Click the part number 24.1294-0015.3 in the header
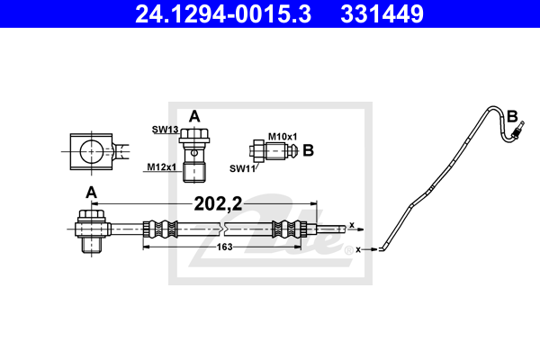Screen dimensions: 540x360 tap(223, 14)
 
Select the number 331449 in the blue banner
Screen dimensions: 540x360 tap(382, 14)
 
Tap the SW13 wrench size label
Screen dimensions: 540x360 tap(166, 130)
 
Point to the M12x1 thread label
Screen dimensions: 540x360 tap(161, 167)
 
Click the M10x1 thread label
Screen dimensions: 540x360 tap(283, 137)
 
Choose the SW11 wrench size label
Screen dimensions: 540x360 tap(242, 168)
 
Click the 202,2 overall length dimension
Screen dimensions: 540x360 tap(218, 203)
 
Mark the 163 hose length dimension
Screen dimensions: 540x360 tap(224, 247)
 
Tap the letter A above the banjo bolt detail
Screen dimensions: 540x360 tap(194, 117)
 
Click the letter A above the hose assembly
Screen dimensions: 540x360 tap(91, 193)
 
